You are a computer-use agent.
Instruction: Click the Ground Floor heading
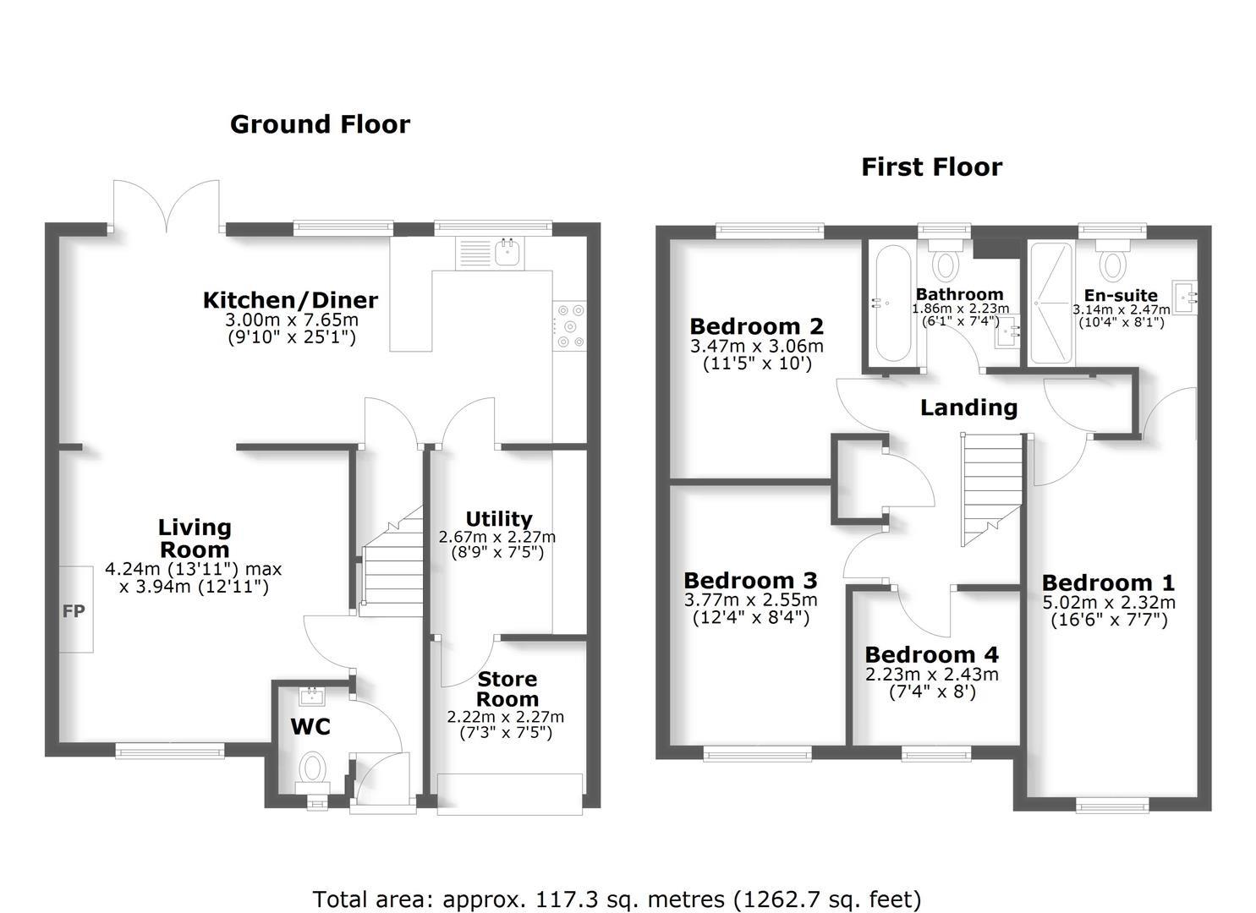tap(320, 124)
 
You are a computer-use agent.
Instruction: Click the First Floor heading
tap(931, 167)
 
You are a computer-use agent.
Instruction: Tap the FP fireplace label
tap(74, 610)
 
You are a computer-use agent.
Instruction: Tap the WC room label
tap(310, 727)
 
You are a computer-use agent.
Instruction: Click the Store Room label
tap(507, 689)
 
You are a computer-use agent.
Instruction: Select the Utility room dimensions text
tap(497, 544)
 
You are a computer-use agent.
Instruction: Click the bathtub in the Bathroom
tap(893, 304)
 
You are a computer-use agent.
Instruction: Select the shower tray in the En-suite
tap(1050, 303)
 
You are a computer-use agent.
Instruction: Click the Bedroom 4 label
tap(931, 654)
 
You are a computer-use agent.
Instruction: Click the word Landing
tap(968, 407)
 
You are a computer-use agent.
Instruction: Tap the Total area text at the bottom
tap(617, 899)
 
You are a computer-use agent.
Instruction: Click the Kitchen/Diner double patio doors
tap(167, 207)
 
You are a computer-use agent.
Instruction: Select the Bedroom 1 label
tap(1108, 582)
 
